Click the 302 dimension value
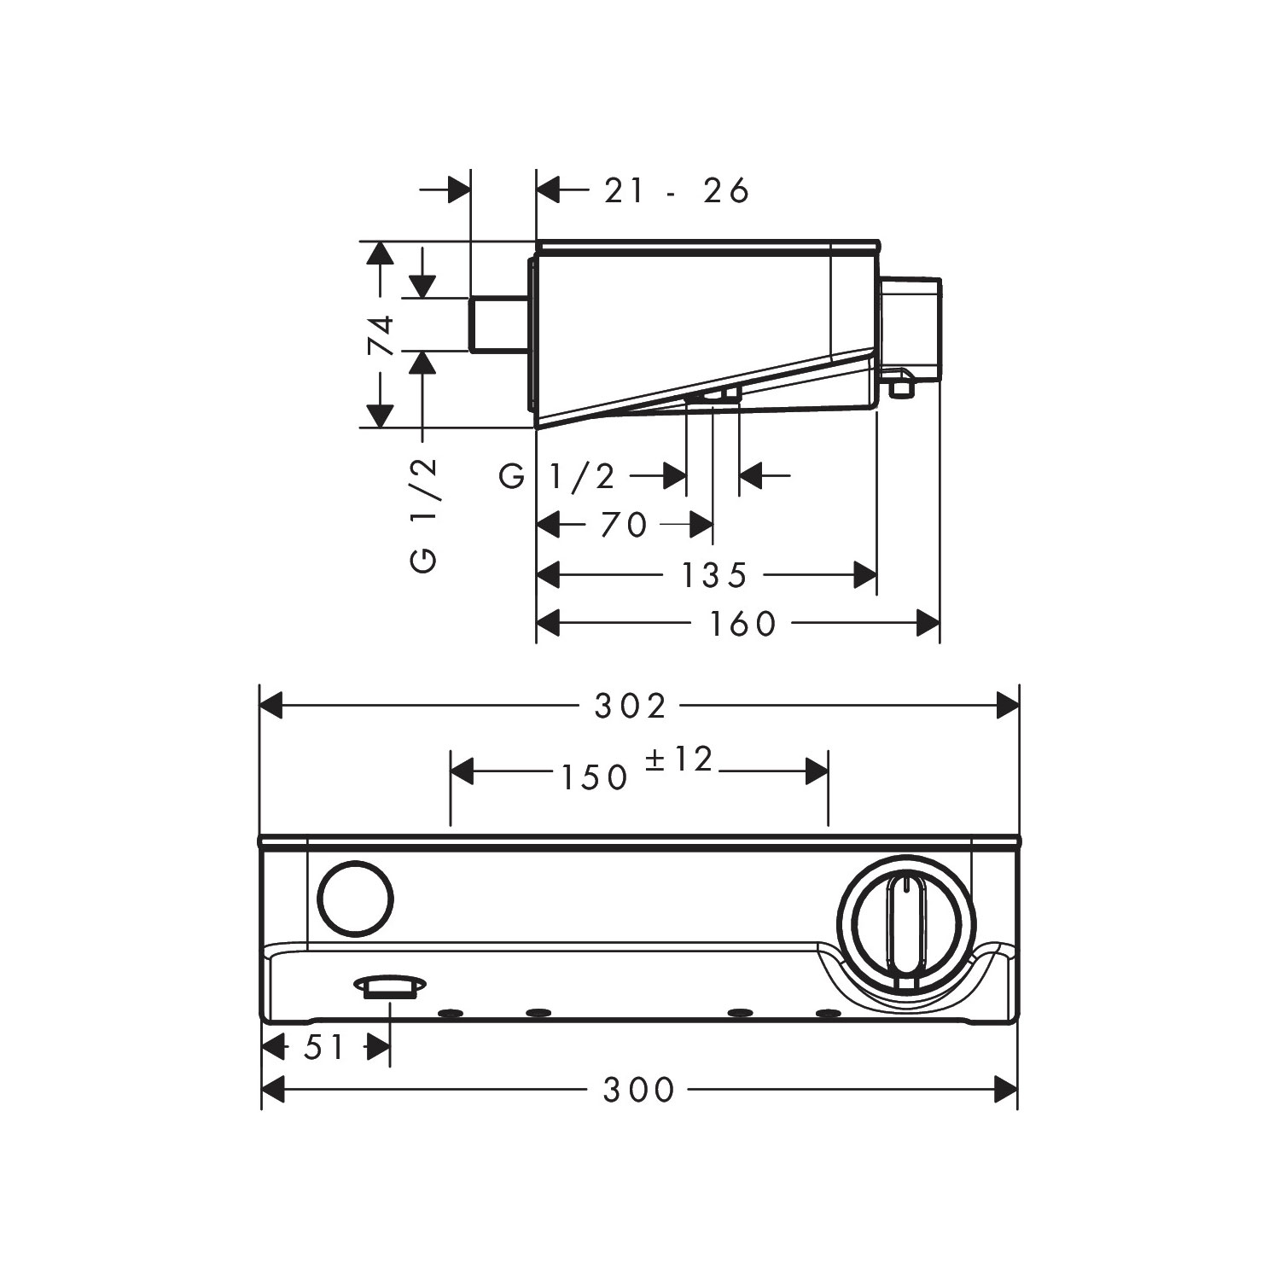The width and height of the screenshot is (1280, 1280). coord(630,707)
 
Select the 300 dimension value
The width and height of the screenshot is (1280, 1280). coord(639,1090)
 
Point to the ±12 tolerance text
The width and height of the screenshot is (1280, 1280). coord(678,759)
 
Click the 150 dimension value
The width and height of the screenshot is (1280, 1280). coord(595,777)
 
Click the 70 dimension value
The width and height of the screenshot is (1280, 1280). coord(624,525)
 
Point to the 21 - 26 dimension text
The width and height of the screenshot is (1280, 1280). coord(676,190)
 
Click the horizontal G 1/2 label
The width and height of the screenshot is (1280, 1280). coord(557,476)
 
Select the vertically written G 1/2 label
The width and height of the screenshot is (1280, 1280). coord(424,515)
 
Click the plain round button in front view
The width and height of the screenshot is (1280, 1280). coord(356,900)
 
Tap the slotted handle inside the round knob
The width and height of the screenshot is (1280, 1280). coord(905,927)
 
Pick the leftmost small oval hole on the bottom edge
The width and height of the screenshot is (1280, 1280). coord(450,1013)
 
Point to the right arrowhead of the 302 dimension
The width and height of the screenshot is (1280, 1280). coord(1008,707)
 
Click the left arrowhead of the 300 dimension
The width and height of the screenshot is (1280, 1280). coord(272,1090)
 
